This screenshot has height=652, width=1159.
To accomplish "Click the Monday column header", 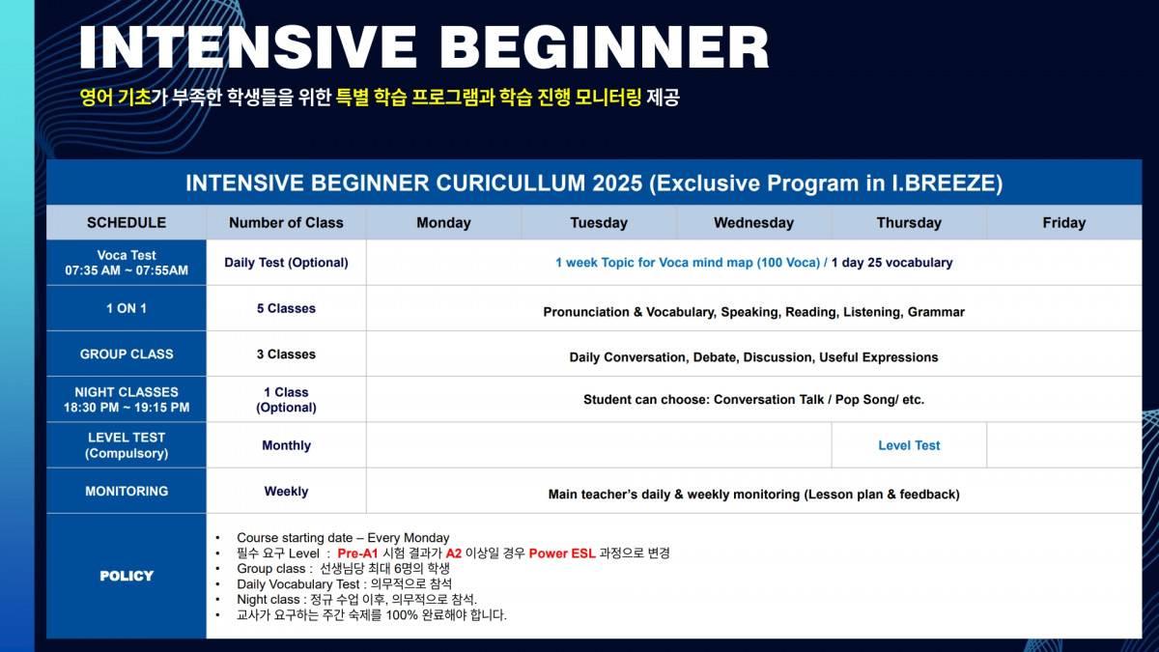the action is click(443, 222).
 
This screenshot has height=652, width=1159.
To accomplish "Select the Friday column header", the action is click(1063, 222).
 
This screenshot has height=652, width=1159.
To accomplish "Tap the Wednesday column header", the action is click(754, 222).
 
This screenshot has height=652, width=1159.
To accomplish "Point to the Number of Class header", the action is click(286, 222).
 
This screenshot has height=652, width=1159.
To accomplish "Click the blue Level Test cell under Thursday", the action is click(909, 445).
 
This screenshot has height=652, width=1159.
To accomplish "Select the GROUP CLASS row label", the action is click(127, 354).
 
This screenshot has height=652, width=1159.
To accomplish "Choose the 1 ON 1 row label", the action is click(127, 308).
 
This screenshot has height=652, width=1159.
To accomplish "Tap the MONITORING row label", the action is click(127, 491).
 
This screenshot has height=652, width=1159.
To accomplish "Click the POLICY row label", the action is click(127, 576).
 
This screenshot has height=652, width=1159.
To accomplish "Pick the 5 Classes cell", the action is click(286, 308).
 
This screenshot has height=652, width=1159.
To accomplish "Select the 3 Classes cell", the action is click(286, 354).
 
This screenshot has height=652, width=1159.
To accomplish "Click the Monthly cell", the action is click(286, 445).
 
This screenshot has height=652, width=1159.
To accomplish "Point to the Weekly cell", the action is click(286, 491).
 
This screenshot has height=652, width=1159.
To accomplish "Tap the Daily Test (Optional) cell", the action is click(286, 263).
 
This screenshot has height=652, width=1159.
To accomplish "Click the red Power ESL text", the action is click(562, 553).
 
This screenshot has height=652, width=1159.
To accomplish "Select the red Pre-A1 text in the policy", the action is click(357, 553).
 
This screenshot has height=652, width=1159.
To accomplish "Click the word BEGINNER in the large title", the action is click(605, 46).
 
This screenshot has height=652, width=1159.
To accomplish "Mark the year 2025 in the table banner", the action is click(617, 184).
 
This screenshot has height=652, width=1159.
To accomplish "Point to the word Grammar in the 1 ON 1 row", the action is click(936, 312).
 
